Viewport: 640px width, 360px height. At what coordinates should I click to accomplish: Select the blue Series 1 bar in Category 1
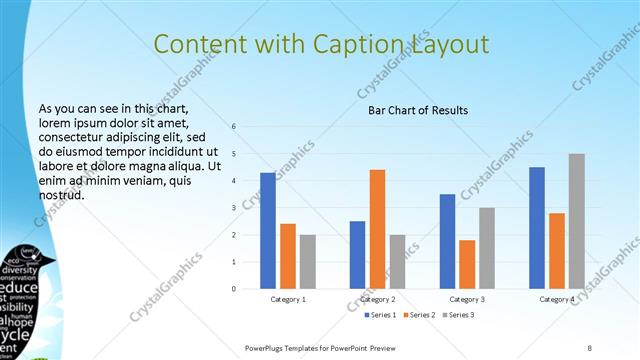tap(268, 230)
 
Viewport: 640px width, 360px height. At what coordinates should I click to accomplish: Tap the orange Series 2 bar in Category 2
tap(377, 229)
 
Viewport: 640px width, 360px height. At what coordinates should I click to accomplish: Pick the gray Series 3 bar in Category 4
tap(576, 221)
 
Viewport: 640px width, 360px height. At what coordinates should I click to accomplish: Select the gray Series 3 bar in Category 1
tap(307, 261)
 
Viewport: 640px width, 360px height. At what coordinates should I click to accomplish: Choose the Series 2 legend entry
tap(418, 316)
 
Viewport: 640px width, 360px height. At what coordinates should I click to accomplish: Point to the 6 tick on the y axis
tap(233, 127)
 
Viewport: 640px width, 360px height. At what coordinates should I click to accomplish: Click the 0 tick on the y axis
tap(233, 289)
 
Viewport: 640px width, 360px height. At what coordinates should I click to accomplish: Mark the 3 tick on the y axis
tap(233, 208)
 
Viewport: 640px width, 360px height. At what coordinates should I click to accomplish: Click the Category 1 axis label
tap(288, 300)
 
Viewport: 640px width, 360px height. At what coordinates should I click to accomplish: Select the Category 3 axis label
tap(467, 300)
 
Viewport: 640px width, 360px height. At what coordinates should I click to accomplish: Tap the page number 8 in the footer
tap(590, 347)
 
